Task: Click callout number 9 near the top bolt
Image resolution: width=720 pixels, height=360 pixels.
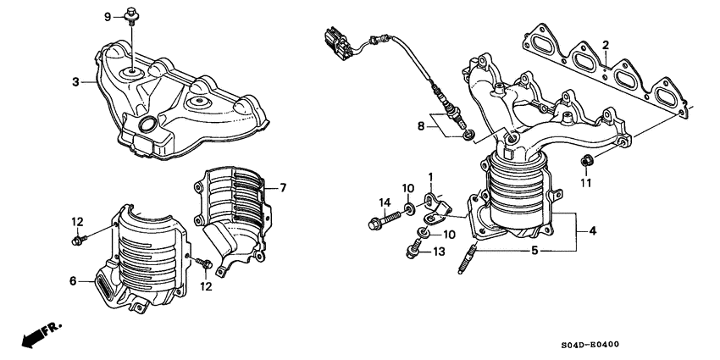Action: coord(108,17)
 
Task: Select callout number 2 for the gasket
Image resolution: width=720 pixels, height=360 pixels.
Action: coord(606,45)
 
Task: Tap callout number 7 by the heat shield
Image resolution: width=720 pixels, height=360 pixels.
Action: coord(284,186)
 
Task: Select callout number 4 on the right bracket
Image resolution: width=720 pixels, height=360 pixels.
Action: coord(592,230)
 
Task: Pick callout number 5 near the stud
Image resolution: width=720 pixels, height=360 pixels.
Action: coord(534,251)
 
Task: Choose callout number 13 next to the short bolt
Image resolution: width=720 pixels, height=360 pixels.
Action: coord(438,251)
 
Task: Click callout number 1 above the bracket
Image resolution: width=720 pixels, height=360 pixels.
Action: coord(430,177)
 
